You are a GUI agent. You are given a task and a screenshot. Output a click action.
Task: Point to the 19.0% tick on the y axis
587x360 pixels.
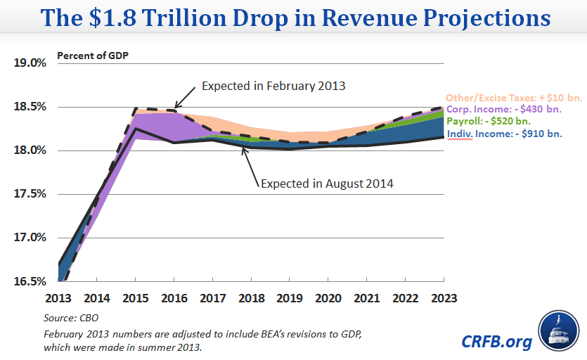click(30, 63)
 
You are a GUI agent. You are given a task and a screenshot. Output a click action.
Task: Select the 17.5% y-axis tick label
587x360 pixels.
click(30, 194)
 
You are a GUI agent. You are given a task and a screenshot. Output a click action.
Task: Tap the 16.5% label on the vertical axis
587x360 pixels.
click(30, 281)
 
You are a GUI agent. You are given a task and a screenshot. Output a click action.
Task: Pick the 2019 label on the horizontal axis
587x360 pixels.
click(289, 298)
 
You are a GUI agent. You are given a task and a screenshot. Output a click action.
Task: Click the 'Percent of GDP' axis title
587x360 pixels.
click(89, 55)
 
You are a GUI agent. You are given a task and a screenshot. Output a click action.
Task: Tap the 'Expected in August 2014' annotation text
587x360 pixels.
click(327, 184)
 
